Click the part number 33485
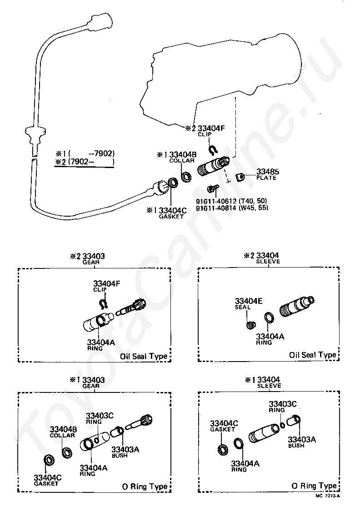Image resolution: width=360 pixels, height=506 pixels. (x=268, y=171)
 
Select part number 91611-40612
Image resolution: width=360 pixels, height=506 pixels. (x=216, y=201)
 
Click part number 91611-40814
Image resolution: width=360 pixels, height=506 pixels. (x=216, y=208)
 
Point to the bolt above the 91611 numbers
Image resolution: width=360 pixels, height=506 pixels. (x=214, y=188)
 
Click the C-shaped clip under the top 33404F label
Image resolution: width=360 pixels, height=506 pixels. (x=213, y=149)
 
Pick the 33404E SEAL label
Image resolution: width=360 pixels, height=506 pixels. (x=248, y=304)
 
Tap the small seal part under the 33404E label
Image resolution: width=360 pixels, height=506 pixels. (x=251, y=325)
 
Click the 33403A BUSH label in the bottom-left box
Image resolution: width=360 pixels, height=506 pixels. (x=125, y=452)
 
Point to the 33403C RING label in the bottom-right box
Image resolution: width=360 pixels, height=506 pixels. (x=283, y=407)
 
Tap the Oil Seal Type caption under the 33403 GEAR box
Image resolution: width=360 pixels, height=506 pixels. (x=144, y=356)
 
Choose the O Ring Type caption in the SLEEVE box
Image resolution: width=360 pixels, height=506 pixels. (x=314, y=486)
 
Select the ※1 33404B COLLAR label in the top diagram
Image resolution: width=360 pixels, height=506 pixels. (x=177, y=157)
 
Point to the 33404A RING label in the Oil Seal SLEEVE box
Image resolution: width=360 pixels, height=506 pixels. (x=270, y=339)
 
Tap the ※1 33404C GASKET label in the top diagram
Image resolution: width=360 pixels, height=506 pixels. (x=167, y=213)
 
